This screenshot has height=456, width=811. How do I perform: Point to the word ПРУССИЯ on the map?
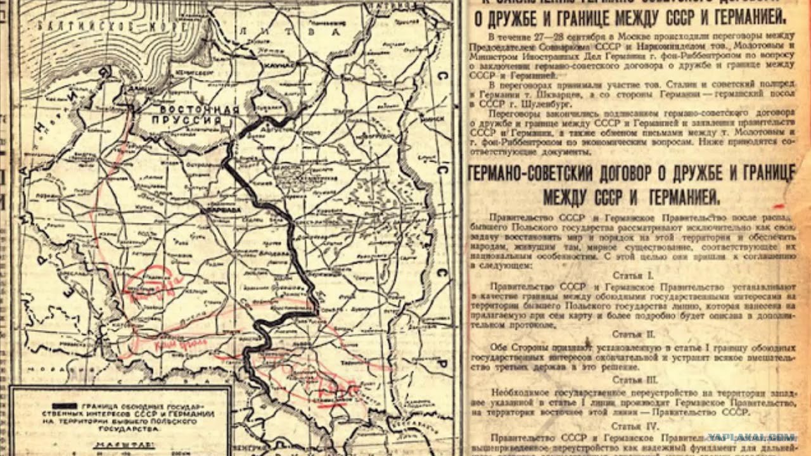pyautogui.click(x=190, y=120)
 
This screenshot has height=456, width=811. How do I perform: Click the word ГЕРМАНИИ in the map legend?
pyautogui.click(x=195, y=413)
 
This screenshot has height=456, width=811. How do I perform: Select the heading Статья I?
pyautogui.click(x=633, y=275)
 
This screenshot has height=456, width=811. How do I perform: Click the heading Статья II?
pyautogui.click(x=634, y=333)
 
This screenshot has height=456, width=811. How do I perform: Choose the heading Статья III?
pyautogui.click(x=634, y=380)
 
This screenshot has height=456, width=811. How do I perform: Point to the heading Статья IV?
pyautogui.click(x=634, y=427)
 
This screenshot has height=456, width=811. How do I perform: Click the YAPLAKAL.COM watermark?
pyautogui.click(x=751, y=437)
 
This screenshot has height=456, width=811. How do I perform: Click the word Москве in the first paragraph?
pyautogui.click(x=629, y=36)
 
